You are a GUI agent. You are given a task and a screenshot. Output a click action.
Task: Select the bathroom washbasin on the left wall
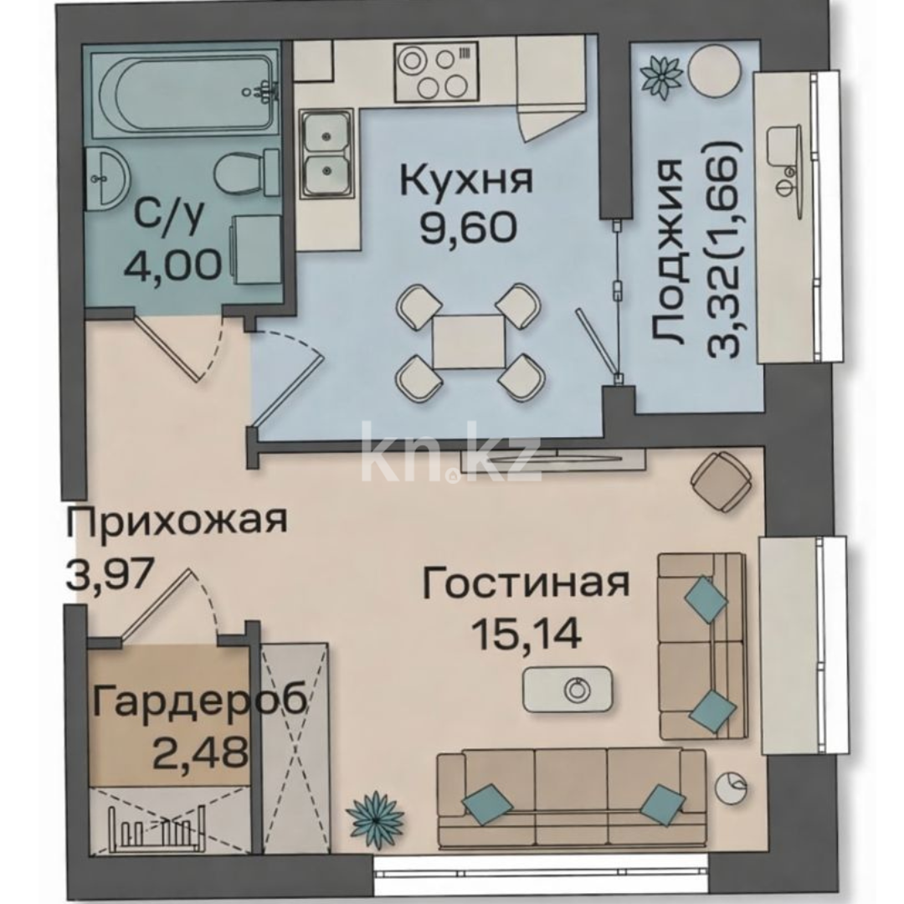[110, 177]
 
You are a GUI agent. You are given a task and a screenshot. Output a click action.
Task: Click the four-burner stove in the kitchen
[435, 74]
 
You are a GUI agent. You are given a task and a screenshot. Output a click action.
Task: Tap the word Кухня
[465, 180]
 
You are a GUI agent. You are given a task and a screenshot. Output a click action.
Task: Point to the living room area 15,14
[526, 633]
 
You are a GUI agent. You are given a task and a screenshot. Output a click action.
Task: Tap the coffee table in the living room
[568, 690]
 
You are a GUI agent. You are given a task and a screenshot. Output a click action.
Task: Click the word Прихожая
[177, 521]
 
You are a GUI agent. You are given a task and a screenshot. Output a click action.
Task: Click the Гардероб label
[199, 701]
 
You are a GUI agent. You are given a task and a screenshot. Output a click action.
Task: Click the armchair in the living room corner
[722, 481]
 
